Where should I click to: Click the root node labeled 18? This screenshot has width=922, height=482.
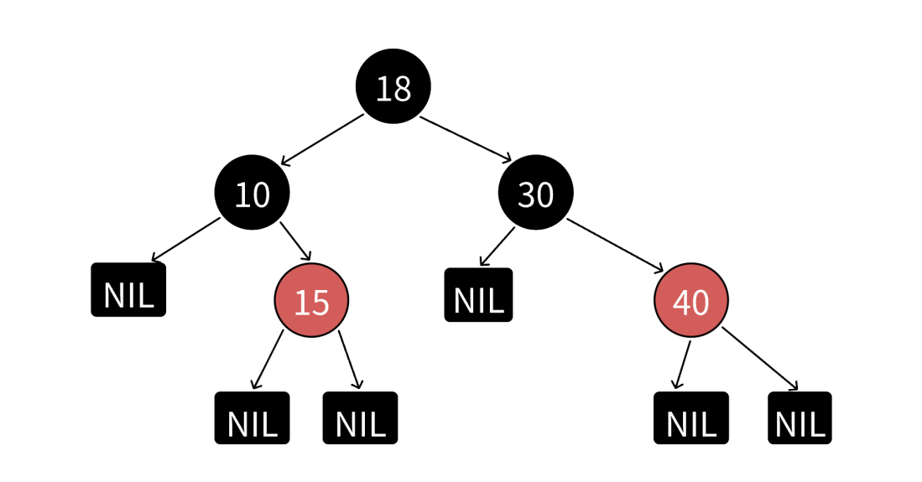[393, 86]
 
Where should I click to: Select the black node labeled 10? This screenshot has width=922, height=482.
[252, 192]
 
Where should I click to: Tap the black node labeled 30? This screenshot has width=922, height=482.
[535, 192]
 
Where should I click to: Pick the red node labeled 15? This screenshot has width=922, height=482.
[311, 300]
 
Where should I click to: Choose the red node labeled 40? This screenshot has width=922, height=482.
[691, 300]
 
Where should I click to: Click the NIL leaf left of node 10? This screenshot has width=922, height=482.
[128, 290]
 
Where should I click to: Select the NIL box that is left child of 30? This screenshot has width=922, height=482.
[478, 294]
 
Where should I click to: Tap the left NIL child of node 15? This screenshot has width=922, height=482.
[252, 418]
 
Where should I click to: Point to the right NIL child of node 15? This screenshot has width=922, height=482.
[360, 418]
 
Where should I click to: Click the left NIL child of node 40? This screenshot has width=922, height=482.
[691, 418]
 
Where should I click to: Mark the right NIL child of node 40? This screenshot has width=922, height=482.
[800, 418]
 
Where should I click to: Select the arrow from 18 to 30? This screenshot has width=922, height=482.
[466, 138]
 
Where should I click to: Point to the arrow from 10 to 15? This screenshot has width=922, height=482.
[295, 241]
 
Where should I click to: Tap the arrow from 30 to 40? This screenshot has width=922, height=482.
[614, 245]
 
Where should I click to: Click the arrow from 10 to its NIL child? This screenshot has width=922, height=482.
[185, 239]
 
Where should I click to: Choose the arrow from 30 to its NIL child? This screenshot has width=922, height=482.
[497, 247]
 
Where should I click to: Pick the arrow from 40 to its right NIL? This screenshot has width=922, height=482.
[760, 359]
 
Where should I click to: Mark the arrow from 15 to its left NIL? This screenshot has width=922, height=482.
[268, 359]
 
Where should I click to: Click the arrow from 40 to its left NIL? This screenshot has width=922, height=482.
[682, 365]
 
